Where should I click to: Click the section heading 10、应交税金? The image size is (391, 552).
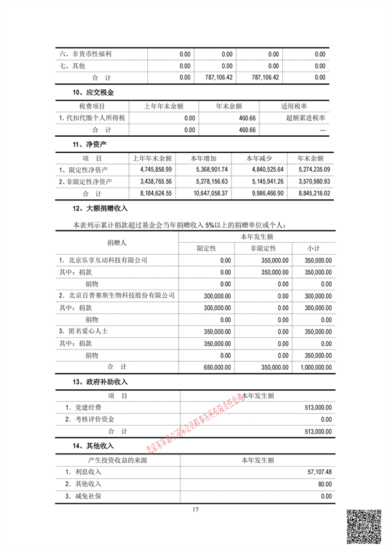(95, 93)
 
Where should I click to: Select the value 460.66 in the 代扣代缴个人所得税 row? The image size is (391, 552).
(246, 118)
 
